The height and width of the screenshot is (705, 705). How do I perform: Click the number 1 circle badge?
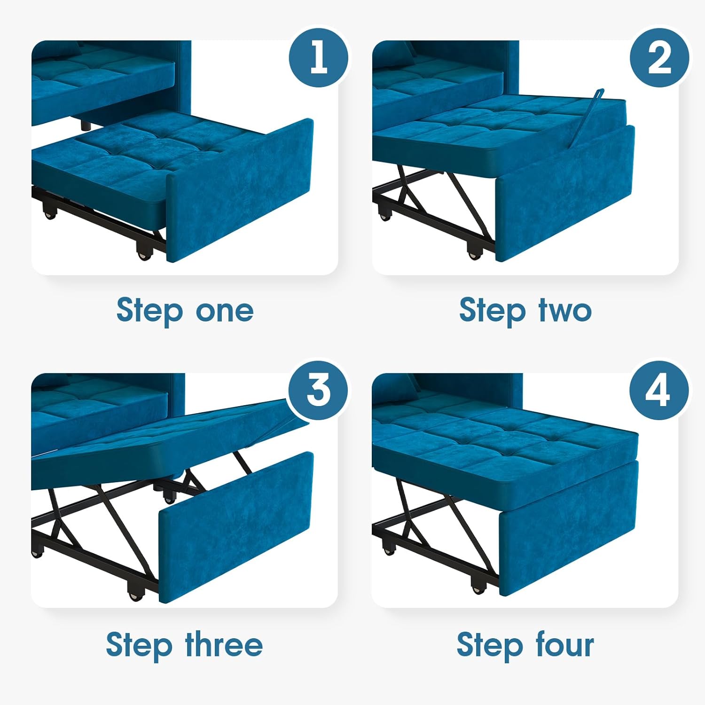coord(319,57)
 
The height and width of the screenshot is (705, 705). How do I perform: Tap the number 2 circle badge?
coord(659,57)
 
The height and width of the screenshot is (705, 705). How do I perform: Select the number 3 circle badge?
coord(319,390)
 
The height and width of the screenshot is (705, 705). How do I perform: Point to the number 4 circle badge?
coord(659,390)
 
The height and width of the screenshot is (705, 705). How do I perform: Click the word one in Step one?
coord(225,311)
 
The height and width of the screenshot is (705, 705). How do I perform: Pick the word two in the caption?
coord(565,311)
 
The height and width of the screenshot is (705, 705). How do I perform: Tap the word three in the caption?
coord(224,645)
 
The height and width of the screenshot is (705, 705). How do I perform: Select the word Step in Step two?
coord(492,311)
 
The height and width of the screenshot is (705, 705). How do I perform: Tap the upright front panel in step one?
coord(240,190)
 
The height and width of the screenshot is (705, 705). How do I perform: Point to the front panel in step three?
coord(235,526)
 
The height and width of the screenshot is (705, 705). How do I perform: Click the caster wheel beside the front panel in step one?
coord(144,252)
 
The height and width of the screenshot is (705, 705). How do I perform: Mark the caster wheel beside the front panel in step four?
coord(478,587)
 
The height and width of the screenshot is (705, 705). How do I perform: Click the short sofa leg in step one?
coord(85,125)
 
